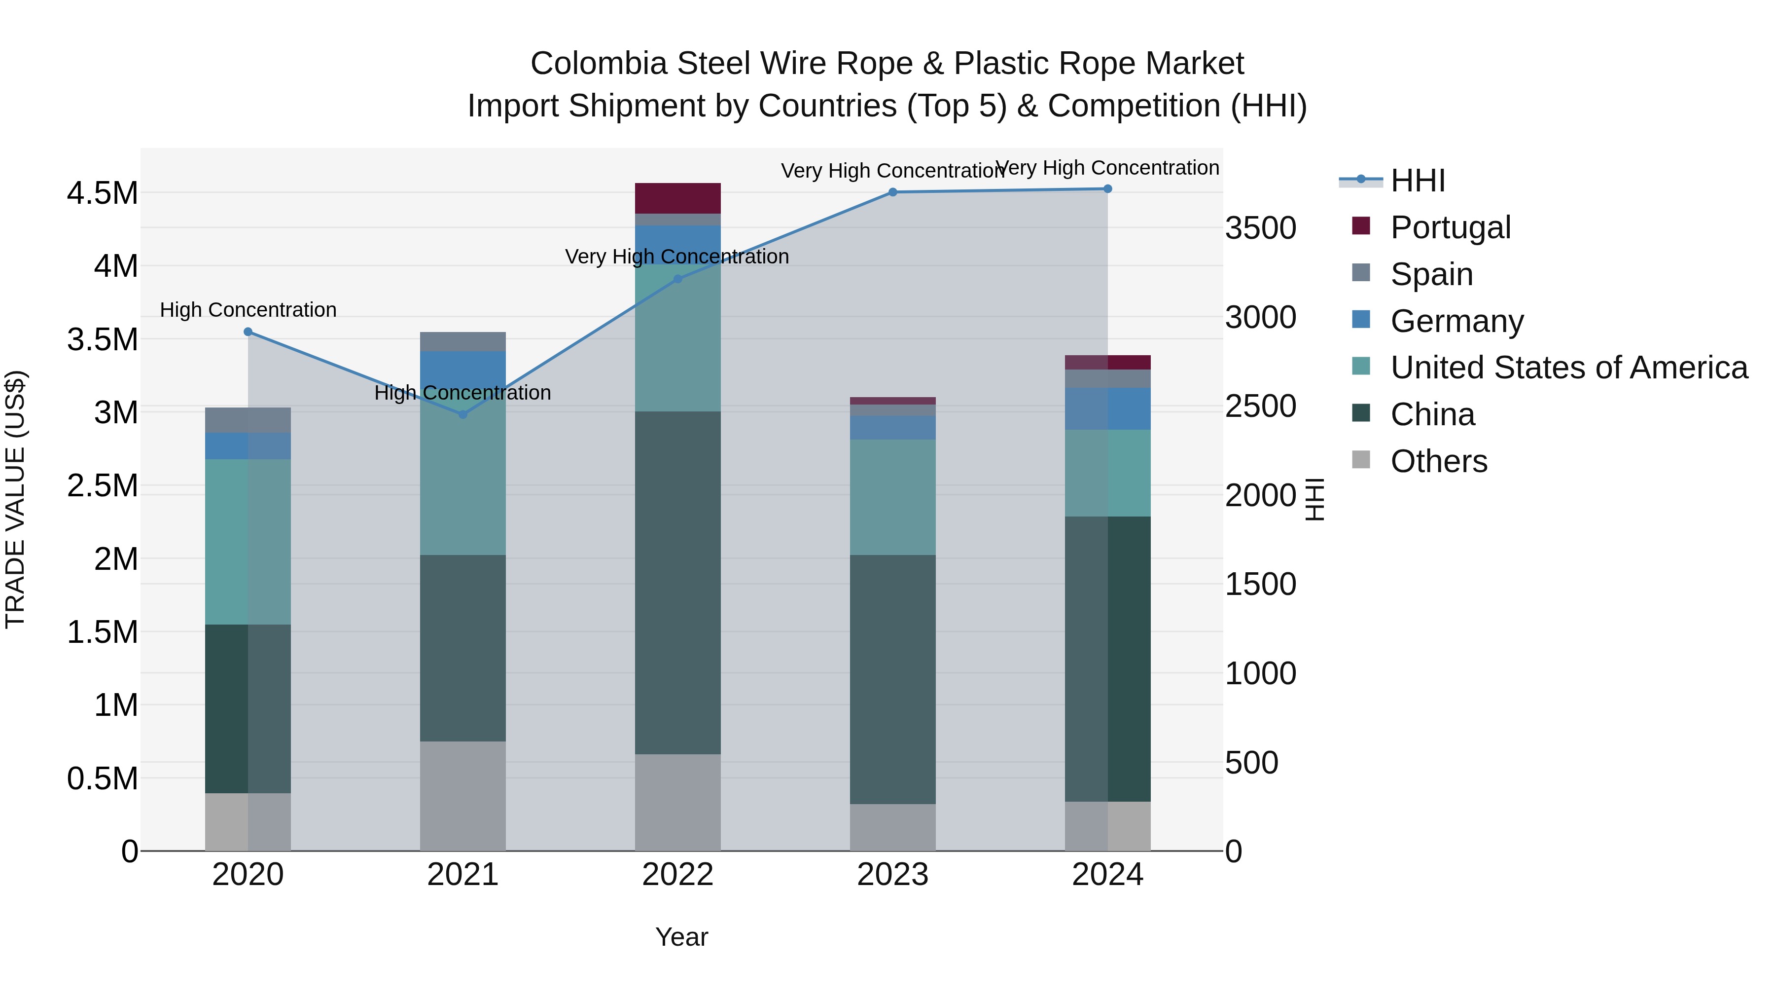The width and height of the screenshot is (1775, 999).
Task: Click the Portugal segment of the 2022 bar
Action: (x=677, y=198)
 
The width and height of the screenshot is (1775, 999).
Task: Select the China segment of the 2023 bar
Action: (x=892, y=679)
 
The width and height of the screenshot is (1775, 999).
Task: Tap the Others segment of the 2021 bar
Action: (x=462, y=796)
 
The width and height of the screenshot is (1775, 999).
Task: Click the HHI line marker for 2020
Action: (x=248, y=332)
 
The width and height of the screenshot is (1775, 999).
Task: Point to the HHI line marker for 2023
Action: (x=892, y=192)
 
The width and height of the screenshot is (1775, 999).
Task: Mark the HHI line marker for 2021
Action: (x=462, y=414)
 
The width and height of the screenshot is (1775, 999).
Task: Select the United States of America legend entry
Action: (x=1568, y=368)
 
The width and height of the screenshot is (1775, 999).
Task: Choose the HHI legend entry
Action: (x=1418, y=181)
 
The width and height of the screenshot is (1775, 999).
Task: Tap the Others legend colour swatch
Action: (x=1361, y=459)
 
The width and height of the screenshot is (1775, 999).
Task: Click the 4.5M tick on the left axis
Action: (x=102, y=193)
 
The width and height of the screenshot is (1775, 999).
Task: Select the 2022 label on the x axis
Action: (x=677, y=875)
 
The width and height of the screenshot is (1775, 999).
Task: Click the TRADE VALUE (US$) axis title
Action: (x=15, y=499)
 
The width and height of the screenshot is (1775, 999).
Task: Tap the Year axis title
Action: (x=681, y=937)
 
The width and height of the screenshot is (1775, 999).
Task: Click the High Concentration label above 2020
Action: (x=248, y=310)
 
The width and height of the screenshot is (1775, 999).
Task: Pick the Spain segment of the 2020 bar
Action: (x=248, y=420)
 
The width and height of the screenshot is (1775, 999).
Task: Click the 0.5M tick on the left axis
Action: (x=102, y=778)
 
